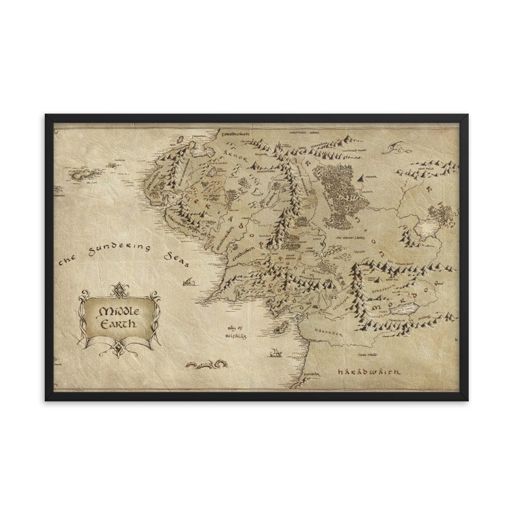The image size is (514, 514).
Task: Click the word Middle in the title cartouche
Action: click(118, 312)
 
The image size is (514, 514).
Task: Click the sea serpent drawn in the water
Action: click(206, 364)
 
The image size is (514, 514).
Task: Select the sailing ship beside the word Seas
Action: click(189, 281)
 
